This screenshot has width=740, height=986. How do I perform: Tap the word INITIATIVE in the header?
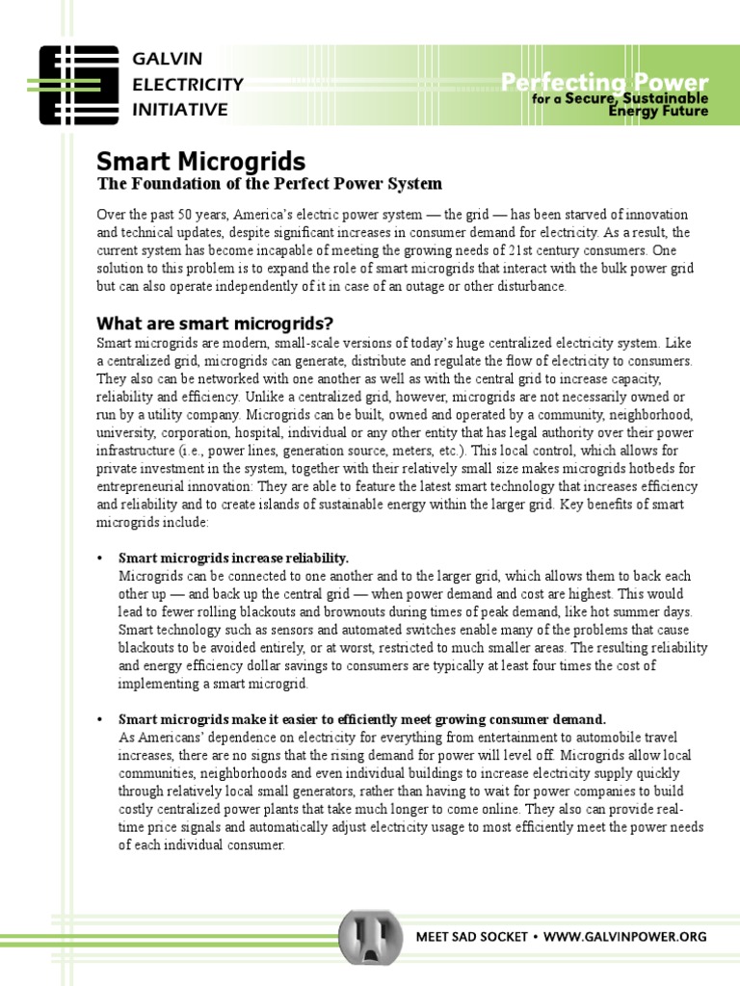point(180,110)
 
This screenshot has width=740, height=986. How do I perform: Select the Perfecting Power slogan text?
point(604,83)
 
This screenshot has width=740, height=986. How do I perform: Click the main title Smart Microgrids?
point(200,161)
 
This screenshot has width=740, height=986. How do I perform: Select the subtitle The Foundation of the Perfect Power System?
point(269,184)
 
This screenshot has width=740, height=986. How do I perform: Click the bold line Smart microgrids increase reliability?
point(233,558)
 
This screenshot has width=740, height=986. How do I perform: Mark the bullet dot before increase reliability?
point(100,558)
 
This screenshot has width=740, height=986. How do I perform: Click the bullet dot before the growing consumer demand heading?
point(100,719)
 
